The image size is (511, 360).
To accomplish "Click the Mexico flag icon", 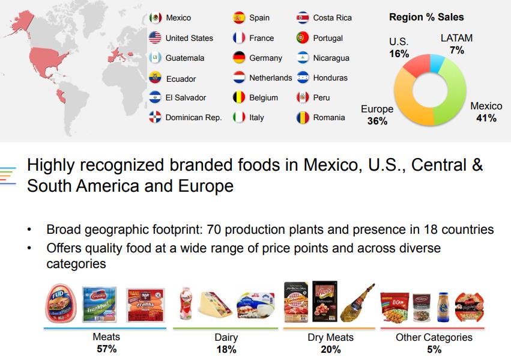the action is (155, 17).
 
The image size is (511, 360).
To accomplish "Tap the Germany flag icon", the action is (239, 58).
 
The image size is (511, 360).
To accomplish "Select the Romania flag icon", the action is (303, 117).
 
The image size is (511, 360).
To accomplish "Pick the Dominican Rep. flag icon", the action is (155, 117).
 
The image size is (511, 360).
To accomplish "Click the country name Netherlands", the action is (270, 78).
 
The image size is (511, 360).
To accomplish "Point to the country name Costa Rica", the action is (333, 17).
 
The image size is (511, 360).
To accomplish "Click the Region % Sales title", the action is (426, 17).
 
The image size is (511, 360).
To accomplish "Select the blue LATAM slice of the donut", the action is (437, 63).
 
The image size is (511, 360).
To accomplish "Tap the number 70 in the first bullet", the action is (214, 230).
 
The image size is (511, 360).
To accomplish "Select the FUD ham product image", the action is (61, 303).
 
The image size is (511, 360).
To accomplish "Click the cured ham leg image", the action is (357, 303).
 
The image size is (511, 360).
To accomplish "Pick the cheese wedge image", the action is (215, 304).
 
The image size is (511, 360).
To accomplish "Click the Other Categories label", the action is (434, 337).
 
